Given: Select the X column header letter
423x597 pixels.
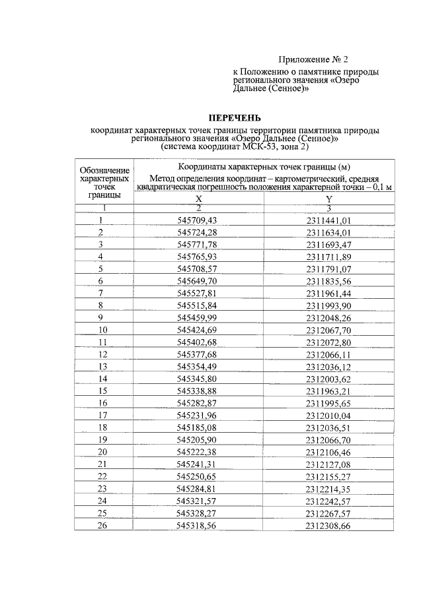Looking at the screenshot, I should [198, 199].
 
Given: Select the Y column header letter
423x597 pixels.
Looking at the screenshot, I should [328, 199].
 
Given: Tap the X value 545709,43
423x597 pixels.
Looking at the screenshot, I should [198, 220].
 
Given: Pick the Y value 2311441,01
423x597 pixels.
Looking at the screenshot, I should [328, 220].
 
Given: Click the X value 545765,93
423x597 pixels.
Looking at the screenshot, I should [198, 256].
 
